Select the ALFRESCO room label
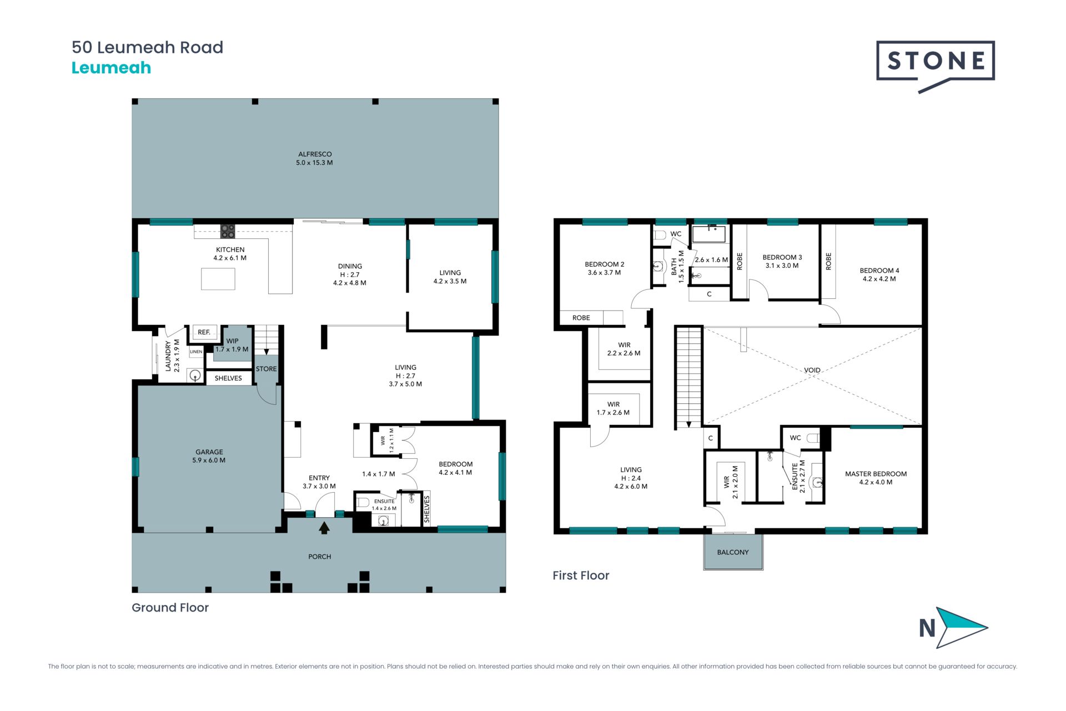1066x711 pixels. [315, 154]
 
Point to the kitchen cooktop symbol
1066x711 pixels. [228, 231]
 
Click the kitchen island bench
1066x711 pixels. [218, 279]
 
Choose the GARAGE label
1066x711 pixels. [209, 452]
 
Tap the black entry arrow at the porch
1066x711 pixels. [324, 527]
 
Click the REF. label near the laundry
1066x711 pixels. [204, 332]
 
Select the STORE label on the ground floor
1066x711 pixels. [266, 369]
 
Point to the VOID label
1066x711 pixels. [812, 370]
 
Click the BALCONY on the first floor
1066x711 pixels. [733, 552]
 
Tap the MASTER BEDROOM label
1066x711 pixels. [876, 474]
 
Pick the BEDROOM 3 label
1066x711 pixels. [782, 257]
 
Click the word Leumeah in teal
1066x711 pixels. [111, 68]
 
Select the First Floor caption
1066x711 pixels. [581, 575]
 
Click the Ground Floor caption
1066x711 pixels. [170, 608]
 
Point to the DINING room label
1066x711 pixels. [350, 266]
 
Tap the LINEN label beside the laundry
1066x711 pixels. [196, 352]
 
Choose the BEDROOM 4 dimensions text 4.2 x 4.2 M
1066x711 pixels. [879, 279]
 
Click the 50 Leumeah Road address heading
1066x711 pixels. [147, 47]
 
